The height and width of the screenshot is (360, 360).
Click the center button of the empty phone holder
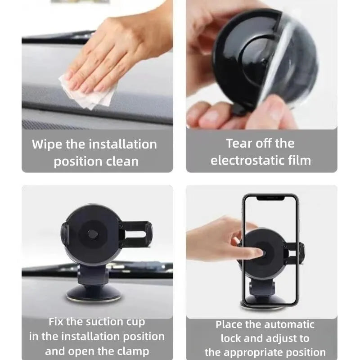pos(92,234)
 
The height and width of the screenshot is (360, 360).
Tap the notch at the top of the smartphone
pos(270,198)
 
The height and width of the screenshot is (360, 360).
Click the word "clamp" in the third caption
pos(133,351)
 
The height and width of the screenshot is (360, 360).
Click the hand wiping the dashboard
pos(112,49)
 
